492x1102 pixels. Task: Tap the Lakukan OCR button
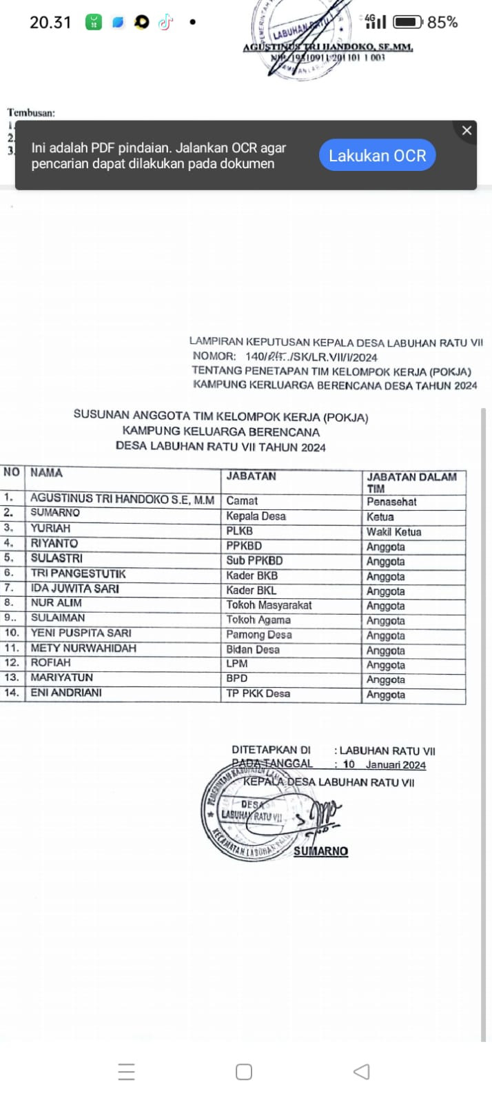[377, 156]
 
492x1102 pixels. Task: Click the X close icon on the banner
[467, 130]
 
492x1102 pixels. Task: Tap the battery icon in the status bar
[407, 22]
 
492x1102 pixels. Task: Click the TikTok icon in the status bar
[165, 22]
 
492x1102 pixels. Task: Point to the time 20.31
[50, 22]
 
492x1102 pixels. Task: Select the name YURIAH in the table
[50, 528]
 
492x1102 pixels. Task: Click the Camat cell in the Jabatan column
[242, 501]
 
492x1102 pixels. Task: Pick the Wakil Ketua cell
[393, 531]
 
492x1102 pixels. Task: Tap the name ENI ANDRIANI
[66, 693]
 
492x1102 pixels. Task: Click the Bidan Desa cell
[253, 649]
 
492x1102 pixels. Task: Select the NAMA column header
[46, 473]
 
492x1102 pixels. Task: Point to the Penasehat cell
[391, 502]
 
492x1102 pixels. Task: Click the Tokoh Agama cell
[258, 620]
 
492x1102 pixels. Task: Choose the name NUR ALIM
[56, 603]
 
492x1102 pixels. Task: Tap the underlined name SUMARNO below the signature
[320, 851]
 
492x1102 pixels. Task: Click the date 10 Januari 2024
[385, 764]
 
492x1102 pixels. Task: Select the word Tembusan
[31, 112]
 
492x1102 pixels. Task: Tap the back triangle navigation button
[361, 1071]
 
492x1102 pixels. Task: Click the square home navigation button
[244, 1071]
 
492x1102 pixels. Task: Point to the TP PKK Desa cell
[258, 693]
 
